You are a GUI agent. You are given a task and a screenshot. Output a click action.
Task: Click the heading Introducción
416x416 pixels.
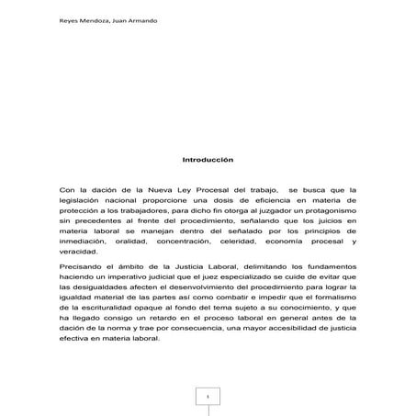tap(208, 159)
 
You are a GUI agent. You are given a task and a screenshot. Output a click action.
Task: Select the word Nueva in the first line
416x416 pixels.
tap(152, 189)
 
